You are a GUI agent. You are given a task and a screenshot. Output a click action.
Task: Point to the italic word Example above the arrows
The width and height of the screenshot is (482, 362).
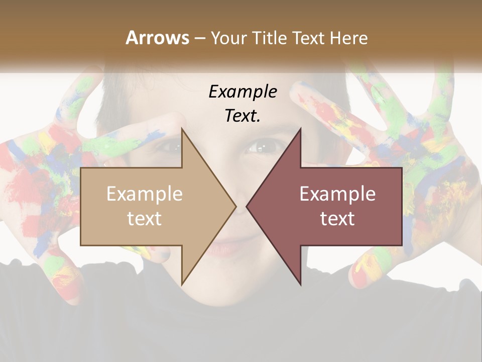[243, 92]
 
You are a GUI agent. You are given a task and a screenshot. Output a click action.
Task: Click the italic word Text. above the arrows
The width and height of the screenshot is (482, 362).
[243, 116]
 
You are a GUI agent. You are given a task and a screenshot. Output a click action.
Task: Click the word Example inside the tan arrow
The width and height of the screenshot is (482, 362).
[145, 194]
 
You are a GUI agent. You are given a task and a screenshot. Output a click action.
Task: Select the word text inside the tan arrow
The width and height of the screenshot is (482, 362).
[145, 218]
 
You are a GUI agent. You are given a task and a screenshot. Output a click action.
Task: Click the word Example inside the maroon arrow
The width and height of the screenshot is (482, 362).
[337, 194]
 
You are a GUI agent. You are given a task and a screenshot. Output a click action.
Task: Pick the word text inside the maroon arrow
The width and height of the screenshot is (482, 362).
[337, 218]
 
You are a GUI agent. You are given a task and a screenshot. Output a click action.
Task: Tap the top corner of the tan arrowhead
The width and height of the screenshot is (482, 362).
[182, 129]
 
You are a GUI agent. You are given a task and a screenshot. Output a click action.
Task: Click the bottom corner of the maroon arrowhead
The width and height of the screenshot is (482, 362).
[300, 285]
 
